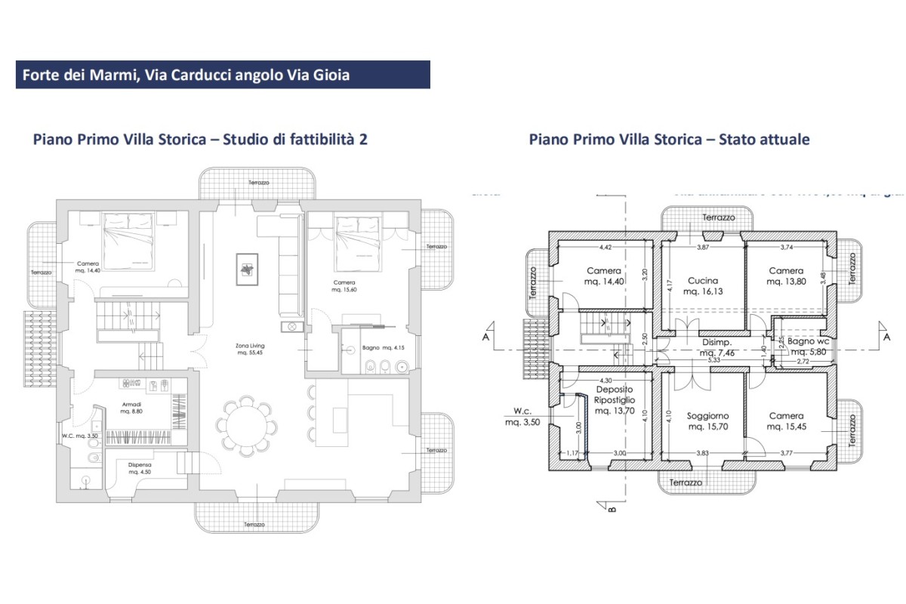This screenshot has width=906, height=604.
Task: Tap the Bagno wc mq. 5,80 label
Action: (x=809, y=347)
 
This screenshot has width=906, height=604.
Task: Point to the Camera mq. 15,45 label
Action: (x=786, y=421)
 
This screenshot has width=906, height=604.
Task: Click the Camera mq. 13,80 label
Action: (x=786, y=276)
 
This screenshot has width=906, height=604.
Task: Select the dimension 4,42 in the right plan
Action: (x=604, y=247)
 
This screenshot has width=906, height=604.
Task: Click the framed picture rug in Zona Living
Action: (x=247, y=269)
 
